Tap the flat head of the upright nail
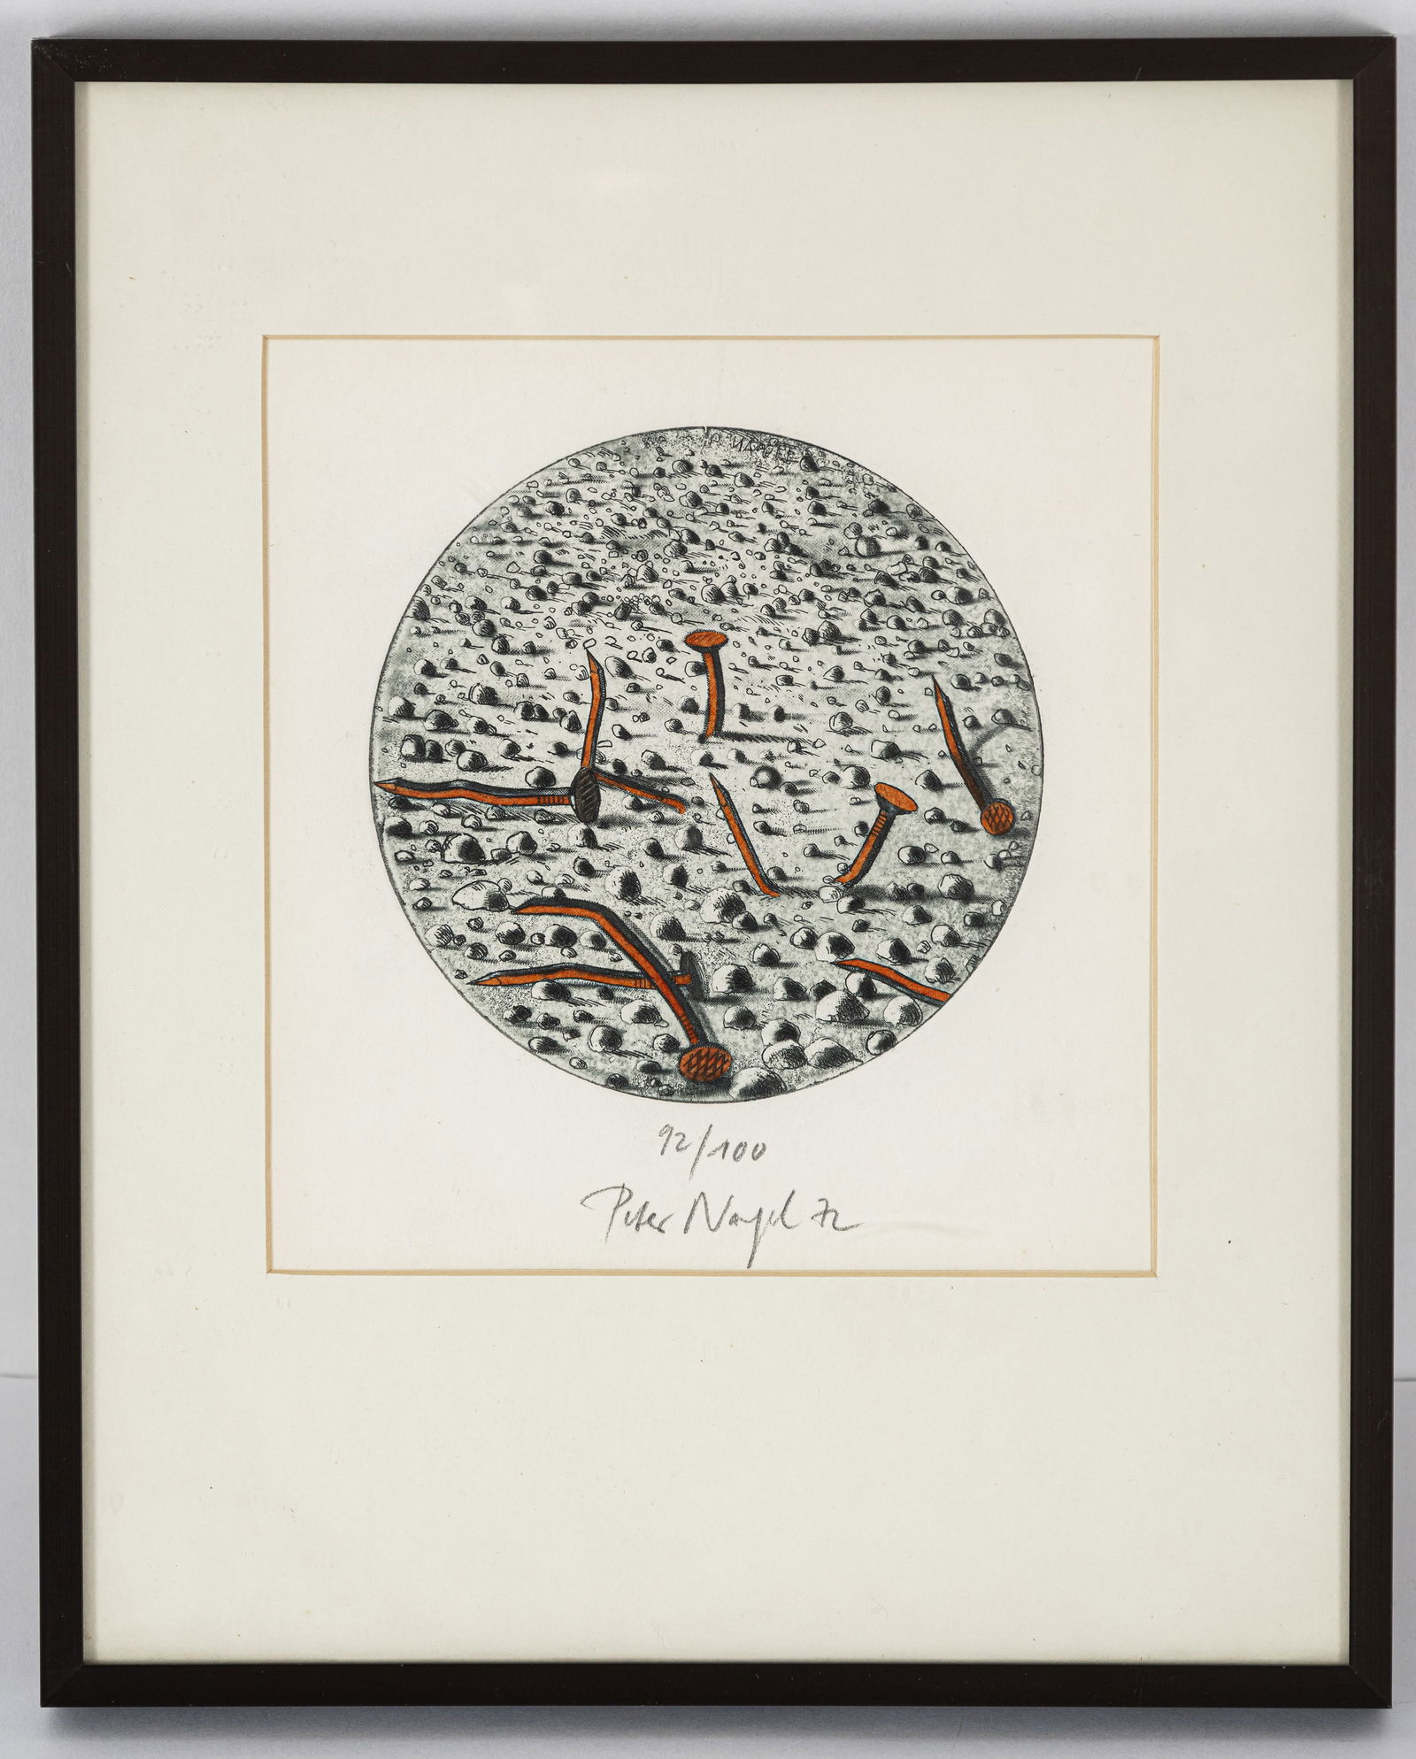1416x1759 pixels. [708, 639]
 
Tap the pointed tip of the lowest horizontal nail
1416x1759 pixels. [474, 980]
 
